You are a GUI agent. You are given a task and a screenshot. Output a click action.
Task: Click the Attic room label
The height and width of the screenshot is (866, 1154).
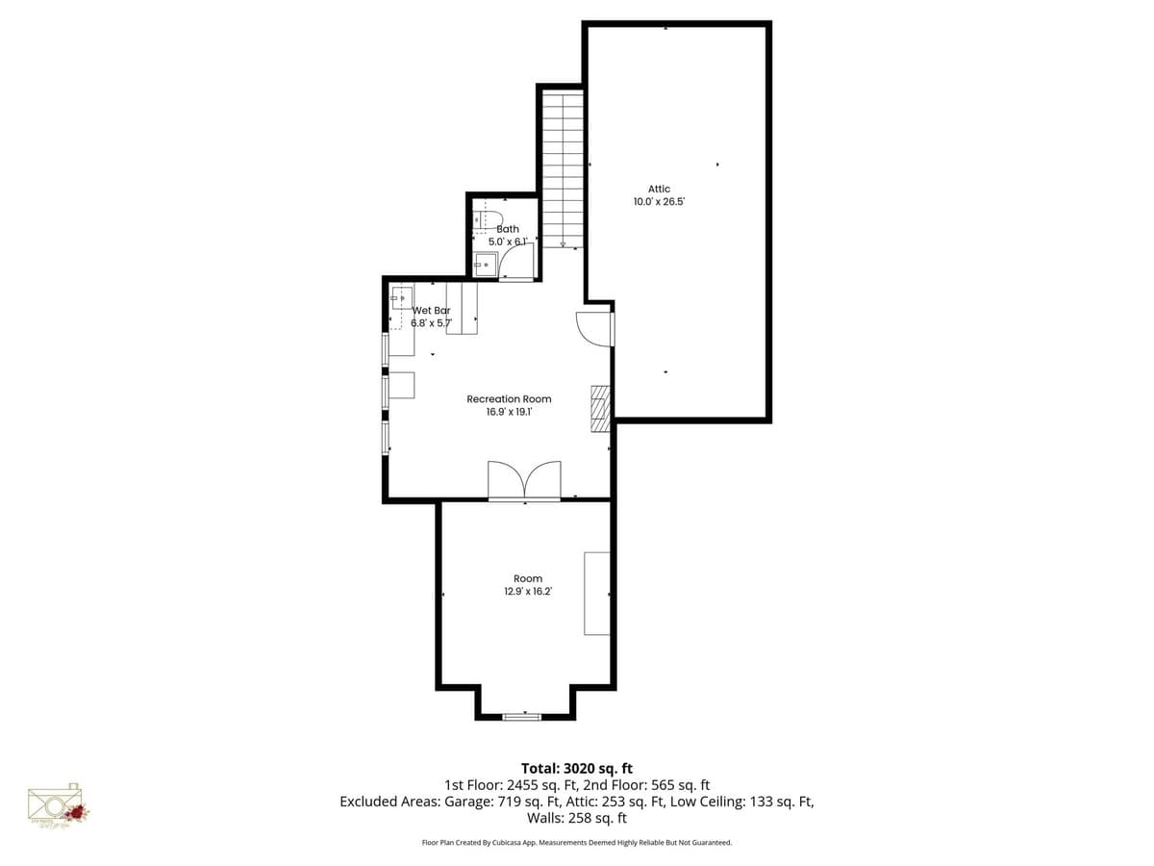point(659,189)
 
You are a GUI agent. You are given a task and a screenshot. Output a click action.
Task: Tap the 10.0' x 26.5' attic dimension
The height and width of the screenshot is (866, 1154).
point(659,203)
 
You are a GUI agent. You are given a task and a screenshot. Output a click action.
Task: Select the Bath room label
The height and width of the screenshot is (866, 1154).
point(508,229)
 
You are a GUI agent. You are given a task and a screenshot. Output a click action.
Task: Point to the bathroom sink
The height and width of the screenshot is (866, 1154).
point(484,264)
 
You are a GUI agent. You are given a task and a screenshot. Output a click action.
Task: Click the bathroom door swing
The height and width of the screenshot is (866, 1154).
point(517,261)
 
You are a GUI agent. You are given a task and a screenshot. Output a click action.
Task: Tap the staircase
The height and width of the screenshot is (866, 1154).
point(563,168)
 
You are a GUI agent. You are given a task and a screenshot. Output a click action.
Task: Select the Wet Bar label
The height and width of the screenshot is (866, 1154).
point(432,311)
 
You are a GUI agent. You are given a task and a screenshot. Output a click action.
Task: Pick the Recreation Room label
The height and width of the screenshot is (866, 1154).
point(509,398)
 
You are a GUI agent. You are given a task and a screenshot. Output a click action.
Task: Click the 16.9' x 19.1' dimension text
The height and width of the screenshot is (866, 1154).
point(509,412)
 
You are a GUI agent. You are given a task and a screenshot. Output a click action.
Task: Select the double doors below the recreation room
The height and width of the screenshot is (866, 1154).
point(524,480)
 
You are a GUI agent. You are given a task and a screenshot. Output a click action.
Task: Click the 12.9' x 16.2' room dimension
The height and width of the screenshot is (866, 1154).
point(527,592)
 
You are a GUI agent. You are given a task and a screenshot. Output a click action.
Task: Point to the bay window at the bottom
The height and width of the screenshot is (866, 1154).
point(522,716)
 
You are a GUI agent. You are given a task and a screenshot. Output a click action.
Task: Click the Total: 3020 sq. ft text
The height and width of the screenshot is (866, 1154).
point(577,768)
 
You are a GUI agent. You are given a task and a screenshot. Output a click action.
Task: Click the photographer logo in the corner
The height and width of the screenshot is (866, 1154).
point(59,806)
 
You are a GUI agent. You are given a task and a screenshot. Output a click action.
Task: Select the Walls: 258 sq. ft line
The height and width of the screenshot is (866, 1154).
point(577,818)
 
